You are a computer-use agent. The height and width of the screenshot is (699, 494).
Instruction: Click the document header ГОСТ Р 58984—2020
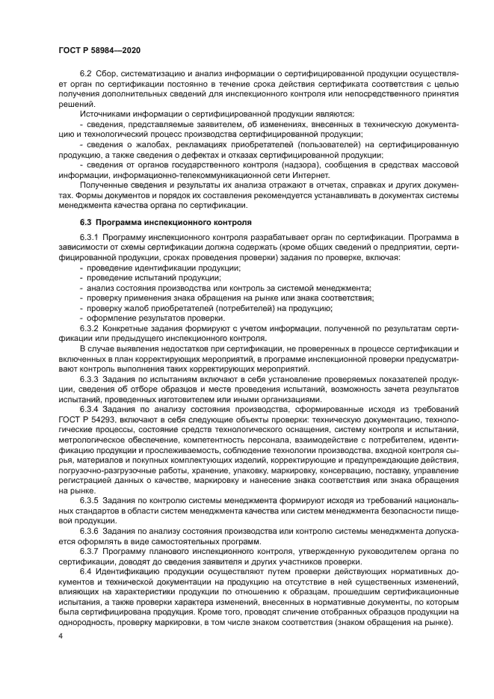click(99, 49)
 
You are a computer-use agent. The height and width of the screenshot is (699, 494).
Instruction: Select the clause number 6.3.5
click(89, 498)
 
